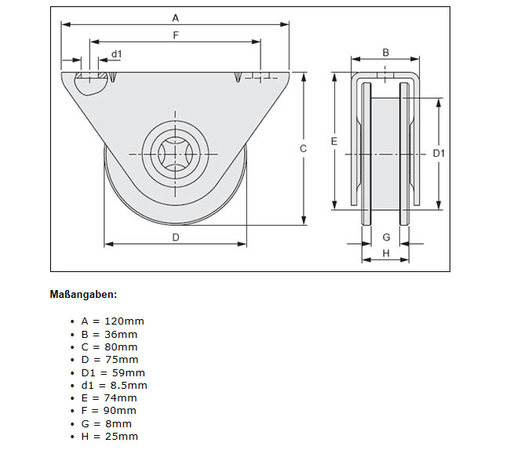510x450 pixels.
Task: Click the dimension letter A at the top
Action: [x=175, y=16]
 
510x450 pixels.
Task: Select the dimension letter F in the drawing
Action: [x=175, y=34]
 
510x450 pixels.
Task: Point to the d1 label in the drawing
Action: [x=117, y=53]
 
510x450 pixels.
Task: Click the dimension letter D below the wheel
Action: [x=176, y=237]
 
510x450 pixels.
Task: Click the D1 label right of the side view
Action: [x=439, y=154]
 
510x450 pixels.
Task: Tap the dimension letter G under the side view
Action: [x=386, y=237]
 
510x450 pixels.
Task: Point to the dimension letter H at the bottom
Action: [x=386, y=252]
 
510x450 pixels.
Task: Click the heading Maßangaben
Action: [x=83, y=295]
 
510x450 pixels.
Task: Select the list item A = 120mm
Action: [x=112, y=321]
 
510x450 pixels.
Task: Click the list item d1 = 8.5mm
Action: [x=114, y=385]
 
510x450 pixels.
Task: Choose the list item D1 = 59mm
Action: [x=112, y=372]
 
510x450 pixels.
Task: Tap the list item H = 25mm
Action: [x=109, y=436]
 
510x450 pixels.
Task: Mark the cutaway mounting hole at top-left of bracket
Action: [x=92, y=82]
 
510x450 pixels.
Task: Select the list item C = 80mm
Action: [x=109, y=347]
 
